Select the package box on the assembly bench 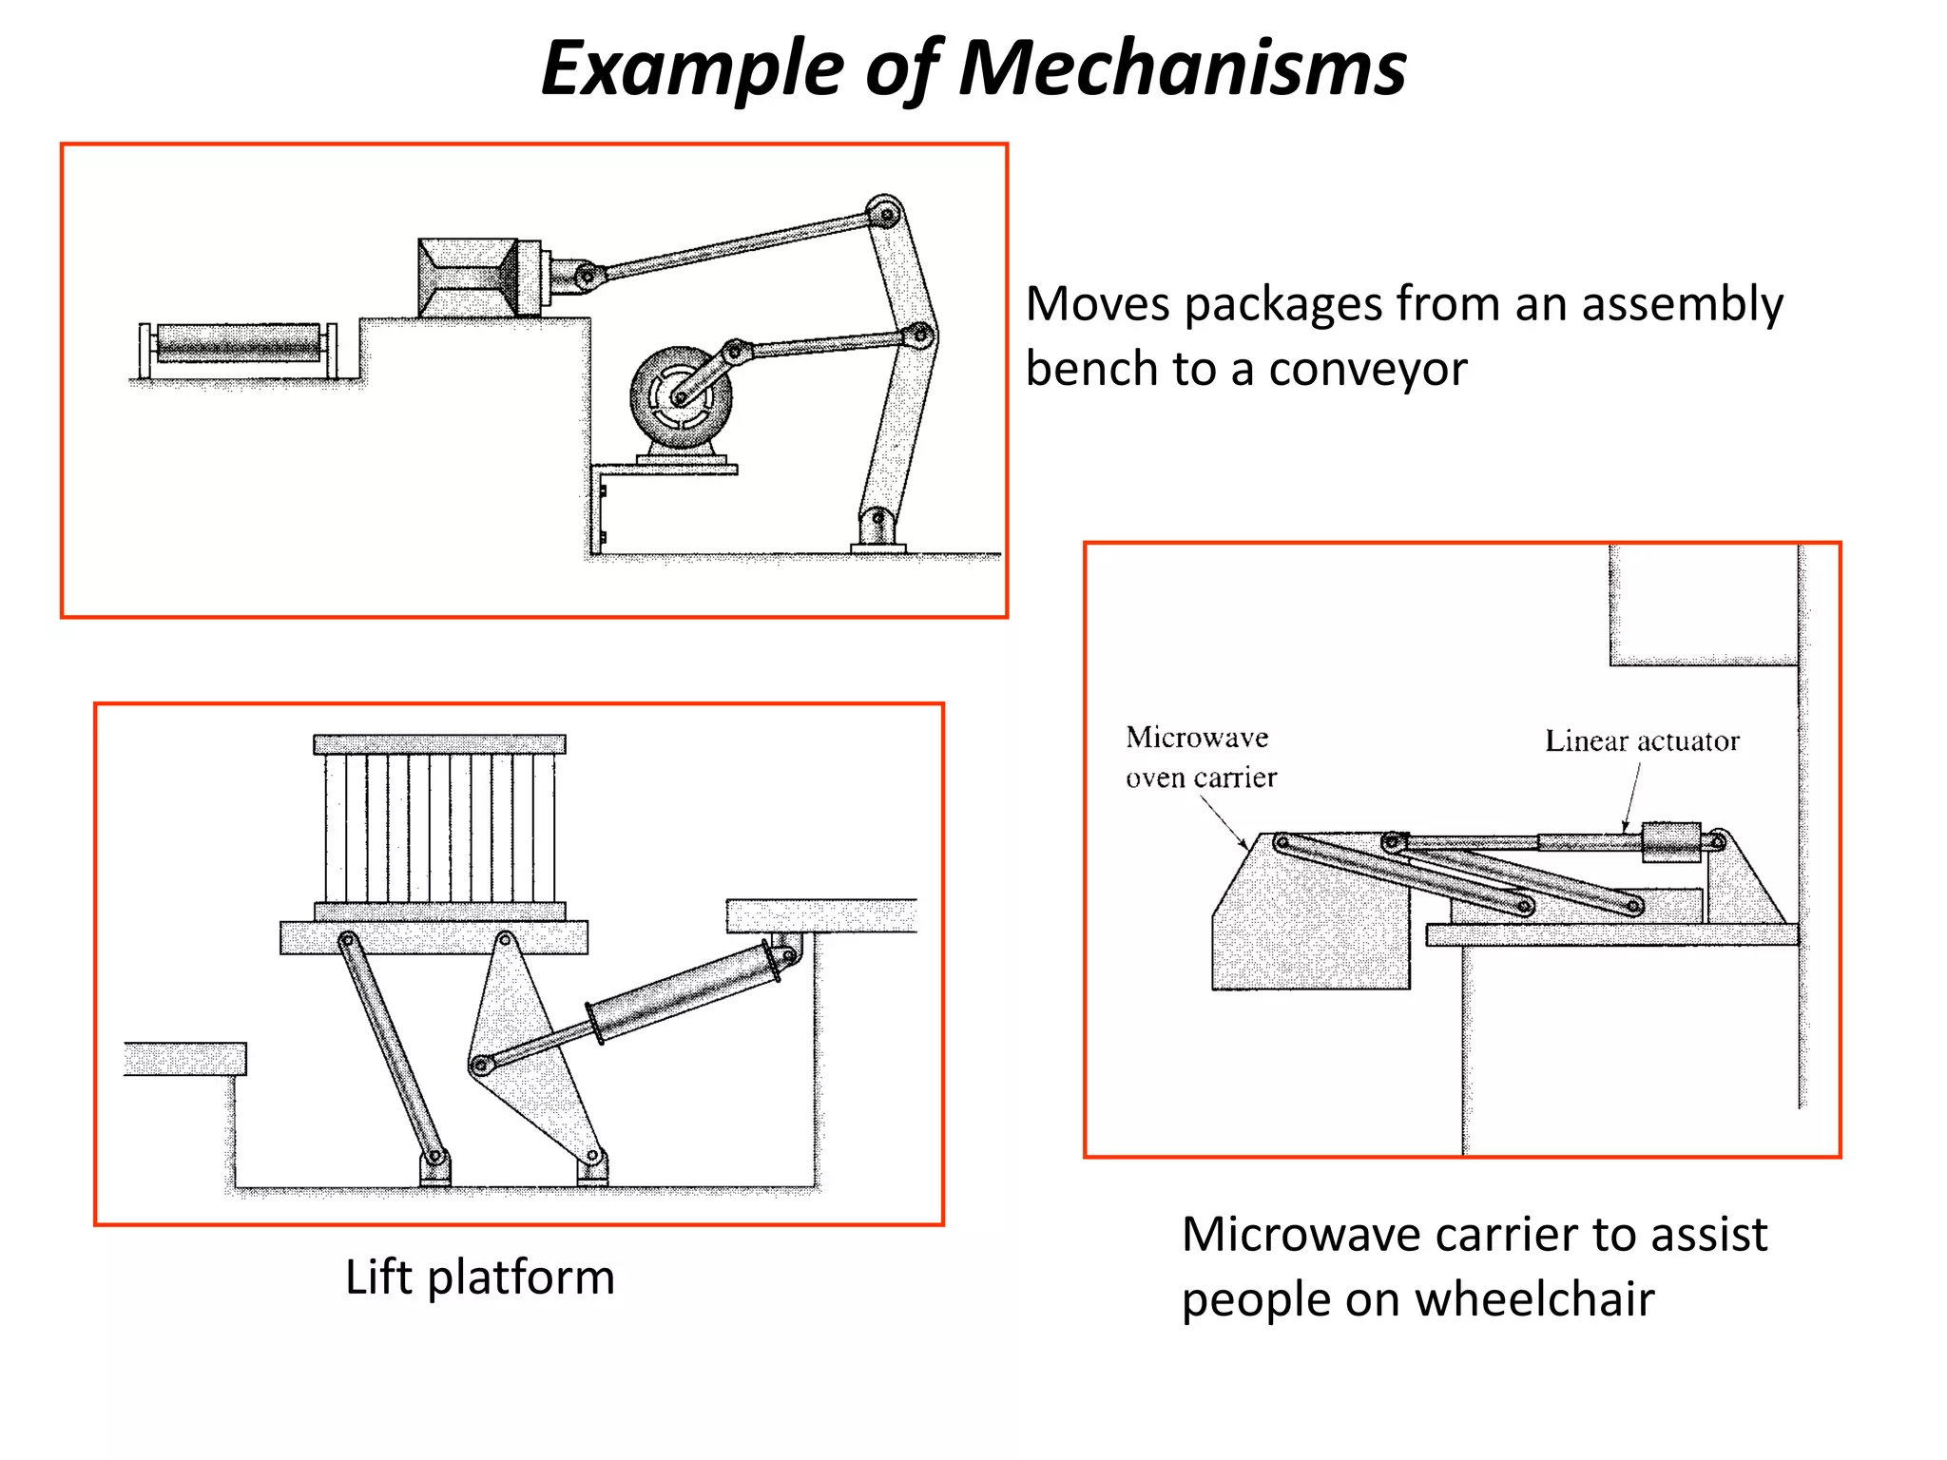pos(469,277)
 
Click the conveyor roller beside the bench pos(238,342)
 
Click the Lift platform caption pos(479,1277)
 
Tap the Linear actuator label pos(1641,740)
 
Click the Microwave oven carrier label pos(1200,758)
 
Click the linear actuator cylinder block pos(1671,842)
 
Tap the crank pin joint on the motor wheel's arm pos(734,350)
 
